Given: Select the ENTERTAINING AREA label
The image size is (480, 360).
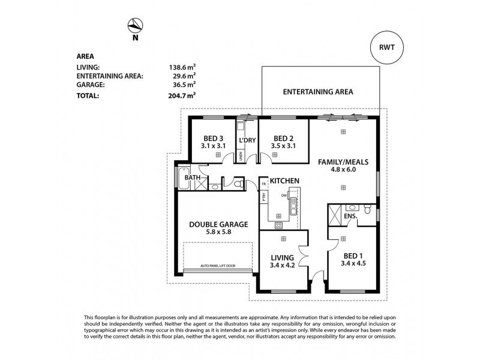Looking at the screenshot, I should click(317, 92).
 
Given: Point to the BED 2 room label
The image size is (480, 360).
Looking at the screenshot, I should click(283, 137).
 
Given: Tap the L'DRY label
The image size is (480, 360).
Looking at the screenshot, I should click(248, 141).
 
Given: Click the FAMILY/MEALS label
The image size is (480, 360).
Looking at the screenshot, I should click(343, 162).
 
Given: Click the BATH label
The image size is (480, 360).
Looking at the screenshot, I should click(192, 178).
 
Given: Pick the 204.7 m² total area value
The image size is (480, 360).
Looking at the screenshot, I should click(182, 95).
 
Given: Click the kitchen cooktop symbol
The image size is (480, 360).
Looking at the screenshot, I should click(279, 226).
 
